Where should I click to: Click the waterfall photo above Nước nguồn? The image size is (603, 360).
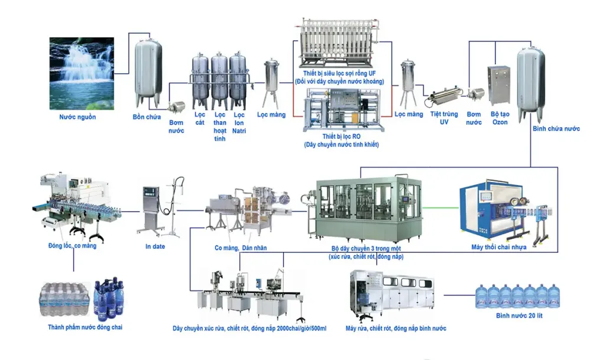click(x=82, y=73)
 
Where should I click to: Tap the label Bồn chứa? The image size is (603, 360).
click(x=147, y=117)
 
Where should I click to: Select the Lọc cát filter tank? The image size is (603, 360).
click(x=200, y=82)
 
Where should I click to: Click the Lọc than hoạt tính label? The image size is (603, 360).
click(x=219, y=127)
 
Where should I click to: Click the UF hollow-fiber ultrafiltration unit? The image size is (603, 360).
click(x=339, y=43)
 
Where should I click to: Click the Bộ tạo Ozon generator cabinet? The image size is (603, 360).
click(x=499, y=85)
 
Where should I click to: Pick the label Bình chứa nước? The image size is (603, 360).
click(x=556, y=129)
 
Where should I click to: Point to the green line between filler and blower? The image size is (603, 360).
click(x=440, y=208)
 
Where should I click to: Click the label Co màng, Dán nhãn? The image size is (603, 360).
click(x=241, y=248)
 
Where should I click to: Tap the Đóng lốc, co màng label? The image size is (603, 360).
click(x=72, y=245)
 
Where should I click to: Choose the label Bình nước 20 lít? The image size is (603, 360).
click(x=519, y=316)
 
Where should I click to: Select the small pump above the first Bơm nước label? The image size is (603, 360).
click(x=177, y=106)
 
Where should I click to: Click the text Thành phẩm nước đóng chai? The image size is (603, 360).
click(x=85, y=327)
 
